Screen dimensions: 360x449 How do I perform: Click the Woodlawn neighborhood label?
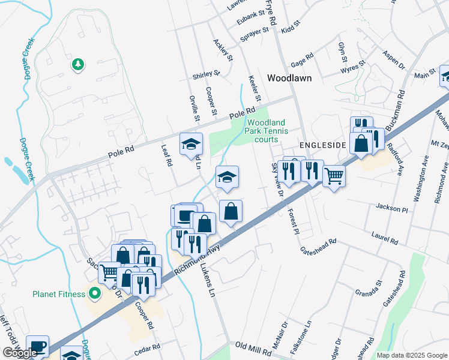tap(289, 78)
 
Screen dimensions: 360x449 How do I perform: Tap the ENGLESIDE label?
tap(323, 146)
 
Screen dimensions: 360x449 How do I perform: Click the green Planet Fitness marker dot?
tap(94, 293)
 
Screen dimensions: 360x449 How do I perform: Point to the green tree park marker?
tap(77, 64)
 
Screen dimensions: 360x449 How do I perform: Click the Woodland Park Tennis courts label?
tap(268, 131)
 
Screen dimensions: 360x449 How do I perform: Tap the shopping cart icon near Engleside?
tap(334, 176)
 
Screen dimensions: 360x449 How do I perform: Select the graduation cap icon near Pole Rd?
tap(191, 144)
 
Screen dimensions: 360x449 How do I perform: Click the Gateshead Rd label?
tap(318, 246)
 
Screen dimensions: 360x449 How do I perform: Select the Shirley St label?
tap(206, 76)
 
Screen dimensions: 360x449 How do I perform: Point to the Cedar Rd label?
tap(148, 347)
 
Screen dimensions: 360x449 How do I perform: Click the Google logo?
tap(19, 353)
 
